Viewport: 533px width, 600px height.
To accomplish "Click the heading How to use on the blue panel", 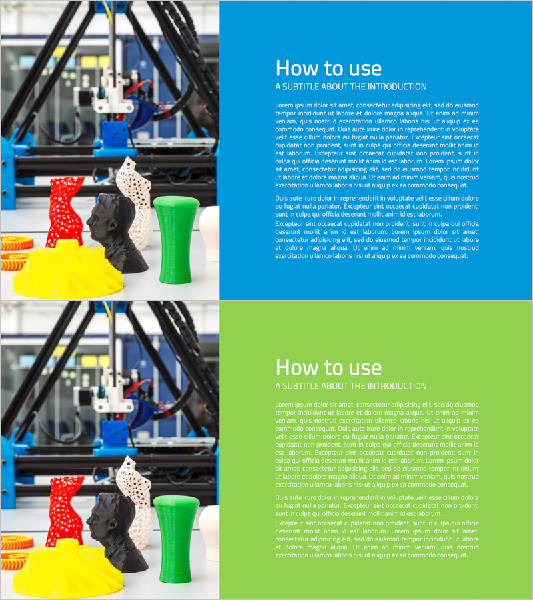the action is [328, 69].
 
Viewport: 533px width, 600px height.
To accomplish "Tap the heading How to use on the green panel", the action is [328, 368].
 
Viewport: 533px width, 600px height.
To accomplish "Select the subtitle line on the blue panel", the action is [351, 87].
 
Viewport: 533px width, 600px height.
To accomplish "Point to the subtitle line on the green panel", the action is [351, 386].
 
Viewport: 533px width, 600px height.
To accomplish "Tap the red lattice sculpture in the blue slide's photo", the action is [65, 211].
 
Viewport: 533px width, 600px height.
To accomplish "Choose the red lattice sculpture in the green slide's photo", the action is [65, 511].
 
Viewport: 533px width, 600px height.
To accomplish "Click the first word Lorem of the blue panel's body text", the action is [284, 105].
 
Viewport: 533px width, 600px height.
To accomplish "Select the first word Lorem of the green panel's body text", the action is [284, 405].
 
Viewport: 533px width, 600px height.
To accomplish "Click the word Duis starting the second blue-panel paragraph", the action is [282, 198].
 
